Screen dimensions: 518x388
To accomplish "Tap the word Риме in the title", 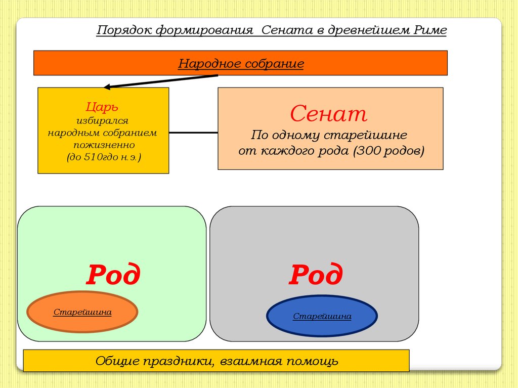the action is [430, 30].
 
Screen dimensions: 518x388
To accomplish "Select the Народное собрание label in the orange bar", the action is [241, 63].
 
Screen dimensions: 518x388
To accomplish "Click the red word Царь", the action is [102, 107].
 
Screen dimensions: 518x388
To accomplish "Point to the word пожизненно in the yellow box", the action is [104, 145].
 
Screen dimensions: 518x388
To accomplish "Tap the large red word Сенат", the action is [329, 113].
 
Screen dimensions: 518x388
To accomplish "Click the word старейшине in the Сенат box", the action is [365, 135].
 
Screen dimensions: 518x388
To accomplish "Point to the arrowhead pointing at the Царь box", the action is [106, 87].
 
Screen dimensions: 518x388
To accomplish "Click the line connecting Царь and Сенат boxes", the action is [193, 133].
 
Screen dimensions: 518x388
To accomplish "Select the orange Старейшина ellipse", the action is [82, 312].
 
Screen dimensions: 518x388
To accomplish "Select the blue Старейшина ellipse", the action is [322, 316].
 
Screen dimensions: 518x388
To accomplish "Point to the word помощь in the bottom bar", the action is [312, 361].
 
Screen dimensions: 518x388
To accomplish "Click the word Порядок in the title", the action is [124, 30].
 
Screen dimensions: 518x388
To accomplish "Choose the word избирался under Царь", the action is [102, 121].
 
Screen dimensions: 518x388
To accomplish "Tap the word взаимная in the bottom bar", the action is [251, 361].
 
